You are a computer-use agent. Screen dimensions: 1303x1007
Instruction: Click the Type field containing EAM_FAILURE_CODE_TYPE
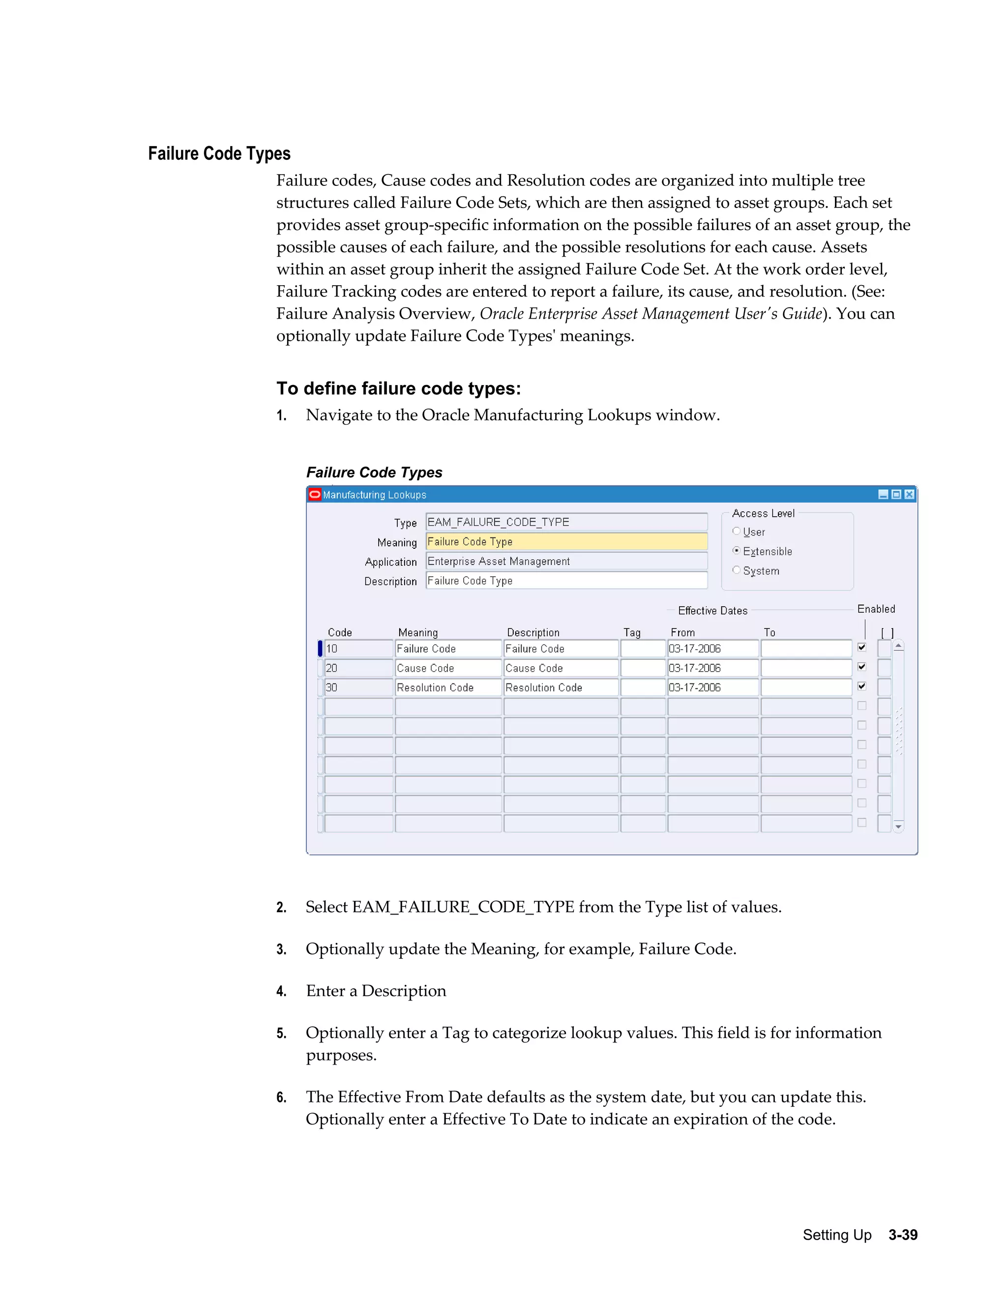[x=565, y=522]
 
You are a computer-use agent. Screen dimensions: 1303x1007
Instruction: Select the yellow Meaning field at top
[x=565, y=542]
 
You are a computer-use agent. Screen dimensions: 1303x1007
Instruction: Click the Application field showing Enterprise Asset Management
[x=565, y=562]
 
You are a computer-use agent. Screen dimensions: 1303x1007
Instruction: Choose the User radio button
[x=736, y=531]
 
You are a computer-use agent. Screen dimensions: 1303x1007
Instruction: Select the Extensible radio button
[x=736, y=551]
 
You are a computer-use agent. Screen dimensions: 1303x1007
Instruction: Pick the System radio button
[x=736, y=570]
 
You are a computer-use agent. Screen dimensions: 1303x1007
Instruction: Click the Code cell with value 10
[x=358, y=649]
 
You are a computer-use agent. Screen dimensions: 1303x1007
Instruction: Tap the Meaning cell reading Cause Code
[x=447, y=668]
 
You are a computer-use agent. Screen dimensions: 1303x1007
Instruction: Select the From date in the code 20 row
[x=712, y=668]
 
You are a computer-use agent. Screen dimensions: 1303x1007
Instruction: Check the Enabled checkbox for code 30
[x=862, y=686]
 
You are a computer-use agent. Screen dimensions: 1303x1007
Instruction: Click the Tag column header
[x=632, y=632]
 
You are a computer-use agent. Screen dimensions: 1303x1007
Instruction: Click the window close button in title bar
[x=909, y=494]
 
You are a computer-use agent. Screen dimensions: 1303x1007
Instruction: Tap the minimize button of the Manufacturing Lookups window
[x=884, y=494]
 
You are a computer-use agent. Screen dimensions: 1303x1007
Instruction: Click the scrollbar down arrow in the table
[x=898, y=827]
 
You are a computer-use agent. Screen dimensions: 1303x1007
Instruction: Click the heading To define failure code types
[x=398, y=388]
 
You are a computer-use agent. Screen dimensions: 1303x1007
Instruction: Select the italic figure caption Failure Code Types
[x=374, y=473]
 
